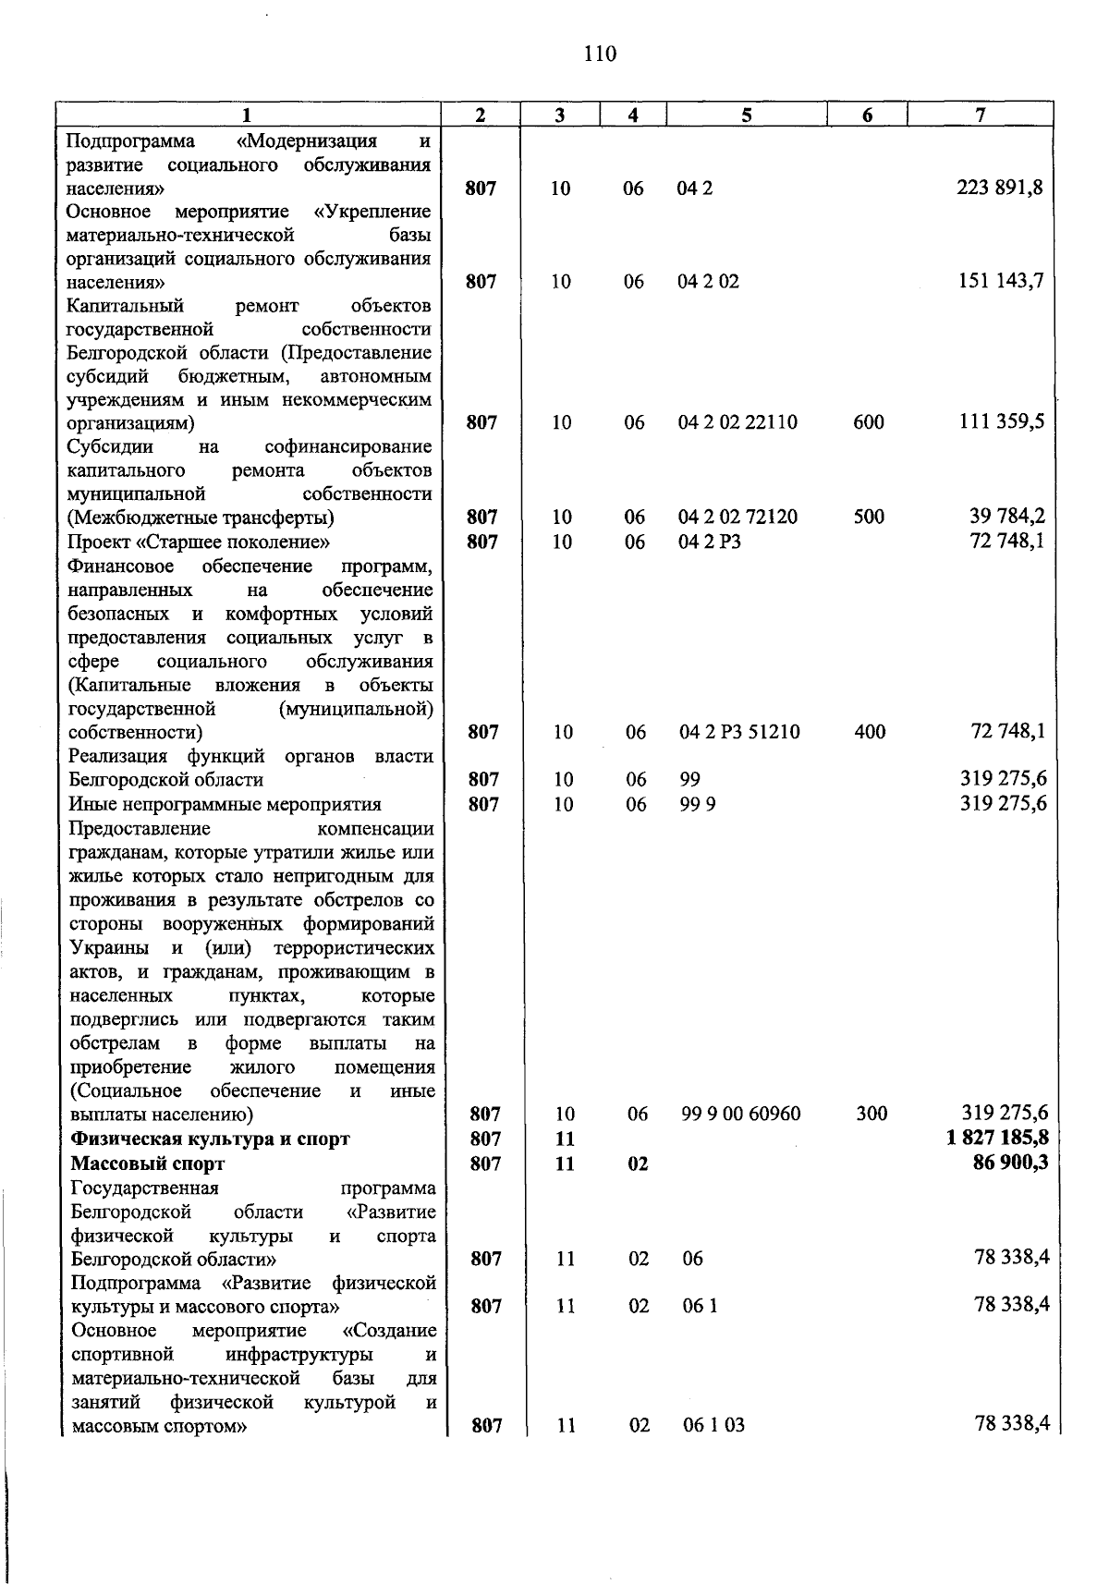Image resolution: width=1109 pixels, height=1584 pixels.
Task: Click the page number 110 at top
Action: pyautogui.click(x=600, y=54)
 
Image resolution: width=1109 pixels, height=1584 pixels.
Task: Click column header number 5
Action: pyautogui.click(x=746, y=116)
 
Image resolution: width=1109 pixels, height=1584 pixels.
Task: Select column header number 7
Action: pyautogui.click(x=980, y=116)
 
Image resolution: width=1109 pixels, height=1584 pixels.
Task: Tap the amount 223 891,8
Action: pyautogui.click(x=1000, y=189)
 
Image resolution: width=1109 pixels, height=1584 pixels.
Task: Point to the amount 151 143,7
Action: pyautogui.click(x=1000, y=282)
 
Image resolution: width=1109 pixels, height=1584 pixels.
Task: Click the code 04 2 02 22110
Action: pyautogui.click(x=737, y=423)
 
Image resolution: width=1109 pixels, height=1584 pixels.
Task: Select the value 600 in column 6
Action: pyautogui.click(x=868, y=423)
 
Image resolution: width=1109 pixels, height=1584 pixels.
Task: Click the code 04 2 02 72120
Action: pyautogui.click(x=737, y=518)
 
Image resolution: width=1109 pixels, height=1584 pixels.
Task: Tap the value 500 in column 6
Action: pyautogui.click(x=868, y=518)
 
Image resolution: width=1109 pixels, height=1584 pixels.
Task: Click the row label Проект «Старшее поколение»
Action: pyautogui.click(x=200, y=542)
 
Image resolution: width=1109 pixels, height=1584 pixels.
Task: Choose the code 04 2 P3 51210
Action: pyautogui.click(x=739, y=733)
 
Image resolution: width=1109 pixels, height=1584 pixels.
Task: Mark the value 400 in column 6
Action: pyautogui.click(x=869, y=733)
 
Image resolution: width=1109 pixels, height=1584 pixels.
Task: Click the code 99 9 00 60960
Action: pyautogui.click(x=741, y=1115)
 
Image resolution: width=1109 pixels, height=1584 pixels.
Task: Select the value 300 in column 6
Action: pyautogui.click(x=871, y=1115)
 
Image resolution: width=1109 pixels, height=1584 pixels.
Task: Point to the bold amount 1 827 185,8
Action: pyautogui.click(x=997, y=1139)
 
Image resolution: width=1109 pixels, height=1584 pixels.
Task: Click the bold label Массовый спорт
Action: pyautogui.click(x=148, y=1164)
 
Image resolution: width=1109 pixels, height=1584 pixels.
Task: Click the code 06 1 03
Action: pyautogui.click(x=713, y=1425)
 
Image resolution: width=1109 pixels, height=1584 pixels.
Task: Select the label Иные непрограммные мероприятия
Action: pyautogui.click(x=225, y=804)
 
